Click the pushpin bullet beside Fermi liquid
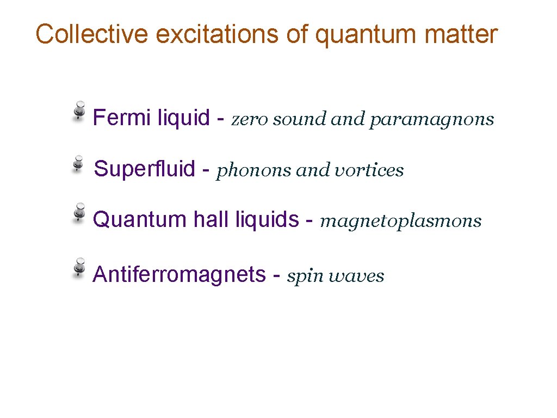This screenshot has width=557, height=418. pos(79,110)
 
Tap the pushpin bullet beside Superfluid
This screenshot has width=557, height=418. pos(79,163)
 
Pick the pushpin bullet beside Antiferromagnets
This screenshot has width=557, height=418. pos(79,268)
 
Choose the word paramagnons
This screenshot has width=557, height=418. pos(431,119)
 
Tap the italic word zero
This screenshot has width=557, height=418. pos(250,119)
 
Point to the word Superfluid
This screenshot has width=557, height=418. pos(145,169)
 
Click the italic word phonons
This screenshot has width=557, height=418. pos(255,171)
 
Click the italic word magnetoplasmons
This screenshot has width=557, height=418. pos(401,222)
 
